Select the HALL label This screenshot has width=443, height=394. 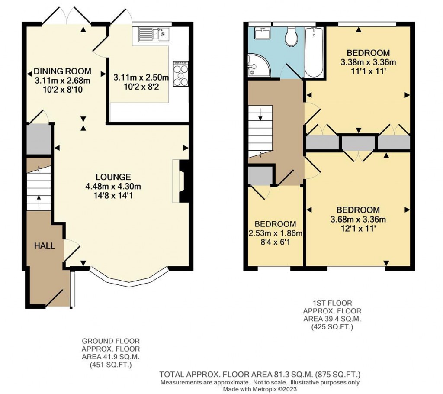pos(45,246)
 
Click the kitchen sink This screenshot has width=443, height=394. pos(154,33)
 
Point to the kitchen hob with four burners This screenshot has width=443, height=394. pos(180,74)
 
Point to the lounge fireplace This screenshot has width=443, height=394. pos(183,181)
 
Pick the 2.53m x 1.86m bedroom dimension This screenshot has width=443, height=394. pos(275,233)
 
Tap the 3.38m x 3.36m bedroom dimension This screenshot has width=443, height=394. pos(368,62)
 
